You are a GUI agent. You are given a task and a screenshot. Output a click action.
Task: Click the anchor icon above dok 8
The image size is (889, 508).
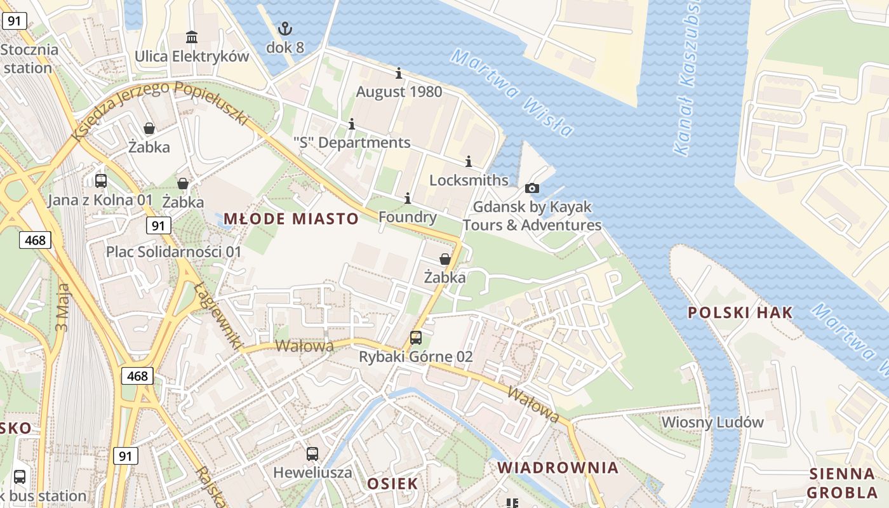pos(285,28)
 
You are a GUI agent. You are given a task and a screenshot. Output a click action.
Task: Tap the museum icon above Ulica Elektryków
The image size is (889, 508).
pos(192,37)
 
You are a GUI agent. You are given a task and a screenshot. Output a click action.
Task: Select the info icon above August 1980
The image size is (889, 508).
pos(399,73)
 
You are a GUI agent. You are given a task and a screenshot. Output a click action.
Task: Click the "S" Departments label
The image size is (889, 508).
pos(352,142)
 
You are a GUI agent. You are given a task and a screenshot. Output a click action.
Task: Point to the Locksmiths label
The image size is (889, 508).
pos(469,180)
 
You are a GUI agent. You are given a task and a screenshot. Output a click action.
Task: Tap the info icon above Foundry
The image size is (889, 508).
pos(407,199)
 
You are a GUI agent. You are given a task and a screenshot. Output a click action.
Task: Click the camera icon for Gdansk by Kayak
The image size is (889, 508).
pos(532,188)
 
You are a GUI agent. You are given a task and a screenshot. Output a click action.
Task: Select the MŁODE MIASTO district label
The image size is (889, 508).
pos(291,219)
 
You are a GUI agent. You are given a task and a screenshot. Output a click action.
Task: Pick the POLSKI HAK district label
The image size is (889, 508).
pos(740,312)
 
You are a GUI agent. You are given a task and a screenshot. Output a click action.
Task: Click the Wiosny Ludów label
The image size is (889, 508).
pos(712,422)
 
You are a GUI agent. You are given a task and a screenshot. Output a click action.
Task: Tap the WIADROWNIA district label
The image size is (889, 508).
pos(558,468)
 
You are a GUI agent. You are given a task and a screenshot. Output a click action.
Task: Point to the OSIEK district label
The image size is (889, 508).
pos(392,484)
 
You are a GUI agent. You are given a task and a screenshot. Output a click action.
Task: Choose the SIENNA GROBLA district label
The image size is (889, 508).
pos(842,483)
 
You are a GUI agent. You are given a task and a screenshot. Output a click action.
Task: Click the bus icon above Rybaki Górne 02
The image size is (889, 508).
pos(416,338)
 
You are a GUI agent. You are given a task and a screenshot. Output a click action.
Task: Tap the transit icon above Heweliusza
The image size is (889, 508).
pos(312,453)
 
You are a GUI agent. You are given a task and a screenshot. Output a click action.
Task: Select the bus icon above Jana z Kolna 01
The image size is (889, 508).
pos(101,180)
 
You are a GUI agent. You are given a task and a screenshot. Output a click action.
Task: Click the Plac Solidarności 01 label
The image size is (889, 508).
pos(173,251)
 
